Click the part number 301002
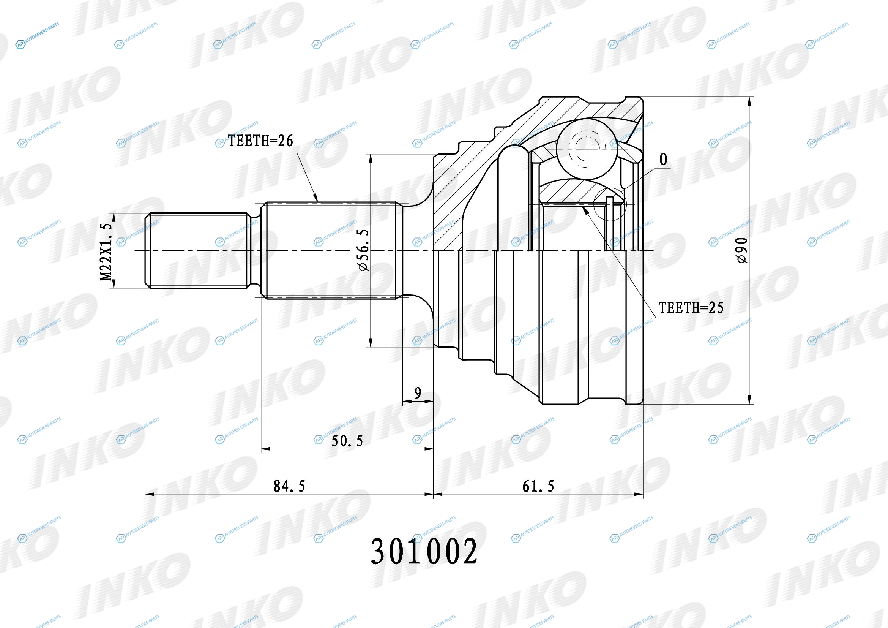click(x=424, y=551)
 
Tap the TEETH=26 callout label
click(x=260, y=141)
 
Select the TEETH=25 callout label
click(x=691, y=308)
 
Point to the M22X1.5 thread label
click(x=106, y=252)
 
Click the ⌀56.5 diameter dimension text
click(x=364, y=250)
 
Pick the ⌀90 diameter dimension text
click(x=742, y=250)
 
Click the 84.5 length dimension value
click(x=289, y=486)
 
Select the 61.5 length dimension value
click(x=538, y=486)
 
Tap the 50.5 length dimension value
click(x=347, y=441)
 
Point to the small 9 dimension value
click(x=418, y=393)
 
